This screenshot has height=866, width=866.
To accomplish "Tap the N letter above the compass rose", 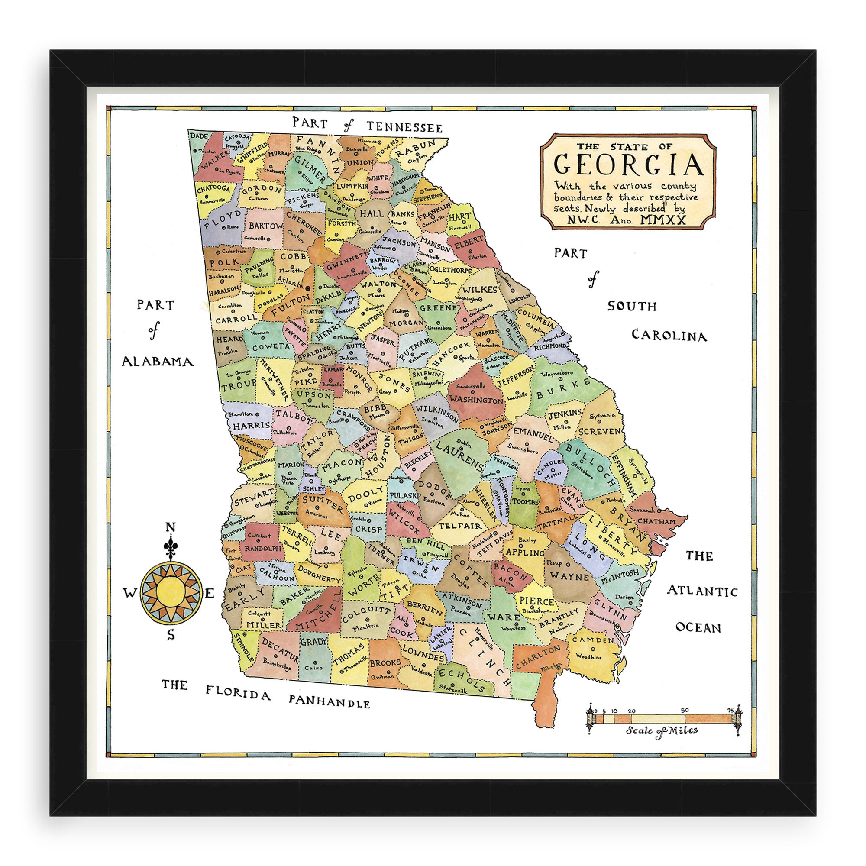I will click(170, 527).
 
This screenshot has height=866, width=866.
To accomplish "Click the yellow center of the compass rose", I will click(170, 594).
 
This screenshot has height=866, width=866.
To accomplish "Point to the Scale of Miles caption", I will click(662, 730).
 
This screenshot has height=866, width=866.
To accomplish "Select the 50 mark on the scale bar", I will click(685, 710).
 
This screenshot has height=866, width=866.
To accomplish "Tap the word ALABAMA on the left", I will click(158, 361).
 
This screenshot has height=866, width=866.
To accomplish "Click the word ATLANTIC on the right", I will click(702, 591).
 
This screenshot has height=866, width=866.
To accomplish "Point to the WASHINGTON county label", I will click(476, 399).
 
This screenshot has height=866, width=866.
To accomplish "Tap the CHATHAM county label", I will click(657, 522).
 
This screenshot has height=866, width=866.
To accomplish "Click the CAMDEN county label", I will click(593, 640).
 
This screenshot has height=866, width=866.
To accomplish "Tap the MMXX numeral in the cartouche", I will click(663, 220).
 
